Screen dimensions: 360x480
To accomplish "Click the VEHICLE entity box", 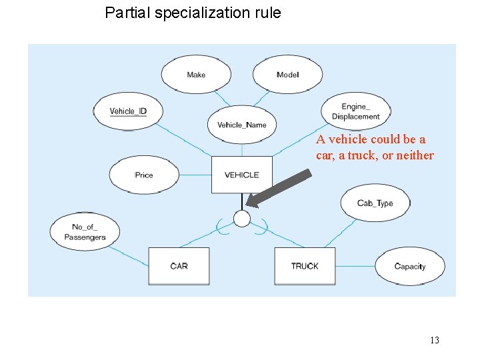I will pyautogui.click(x=241, y=175).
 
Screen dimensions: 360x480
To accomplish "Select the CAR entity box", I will pyautogui.click(x=179, y=266).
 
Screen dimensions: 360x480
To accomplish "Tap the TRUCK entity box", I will pyautogui.click(x=305, y=266).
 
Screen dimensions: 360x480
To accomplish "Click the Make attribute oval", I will pyautogui.click(x=196, y=75).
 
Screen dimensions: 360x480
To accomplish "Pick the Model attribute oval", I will pyautogui.click(x=287, y=75).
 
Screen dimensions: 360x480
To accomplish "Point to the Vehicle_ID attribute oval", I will pyautogui.click(x=128, y=111).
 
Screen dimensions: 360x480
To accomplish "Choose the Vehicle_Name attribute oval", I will pyautogui.click(x=241, y=125).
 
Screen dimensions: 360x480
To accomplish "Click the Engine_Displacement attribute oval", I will pyautogui.click(x=355, y=111).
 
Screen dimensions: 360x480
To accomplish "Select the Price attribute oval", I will pyautogui.click(x=144, y=175).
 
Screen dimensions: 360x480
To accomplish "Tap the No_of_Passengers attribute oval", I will pyautogui.click(x=85, y=232).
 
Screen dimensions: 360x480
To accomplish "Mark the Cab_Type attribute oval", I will pyautogui.click(x=375, y=203).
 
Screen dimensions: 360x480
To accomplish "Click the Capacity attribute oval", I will pyautogui.click(x=409, y=266).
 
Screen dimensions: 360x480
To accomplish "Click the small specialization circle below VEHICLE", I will pyautogui.click(x=242, y=219).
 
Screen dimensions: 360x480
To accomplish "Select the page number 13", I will pyautogui.click(x=434, y=341).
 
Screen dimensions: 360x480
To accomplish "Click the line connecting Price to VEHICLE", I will pyautogui.click(x=195, y=175).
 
